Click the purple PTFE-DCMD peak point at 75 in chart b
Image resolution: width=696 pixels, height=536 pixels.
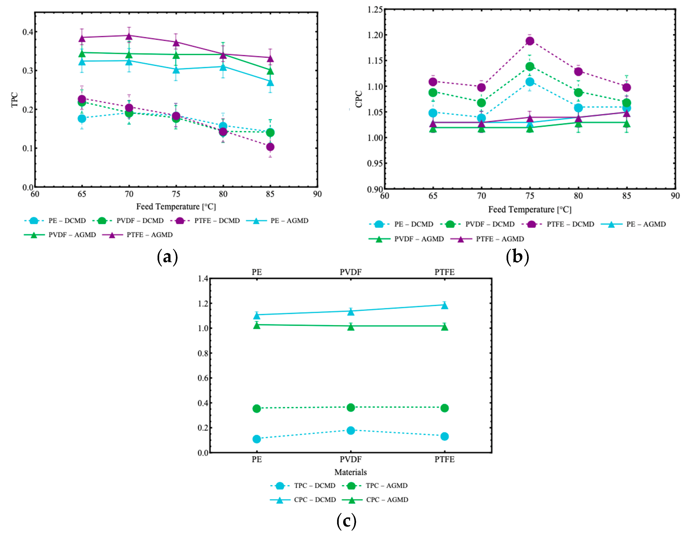[530, 41]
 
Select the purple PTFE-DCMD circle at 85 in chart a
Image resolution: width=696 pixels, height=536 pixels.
[270, 147]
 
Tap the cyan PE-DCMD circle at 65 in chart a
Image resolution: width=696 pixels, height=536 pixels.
[82, 118]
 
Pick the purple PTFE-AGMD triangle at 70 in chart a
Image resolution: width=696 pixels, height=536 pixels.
[129, 36]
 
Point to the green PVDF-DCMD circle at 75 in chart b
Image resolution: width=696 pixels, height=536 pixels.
[530, 66]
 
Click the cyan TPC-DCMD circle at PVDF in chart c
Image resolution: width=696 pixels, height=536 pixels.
[351, 430]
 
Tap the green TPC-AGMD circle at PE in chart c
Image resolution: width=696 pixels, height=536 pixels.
[257, 408]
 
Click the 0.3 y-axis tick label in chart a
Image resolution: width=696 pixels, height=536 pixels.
[27, 71]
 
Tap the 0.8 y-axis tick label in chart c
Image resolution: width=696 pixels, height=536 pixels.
[203, 353]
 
